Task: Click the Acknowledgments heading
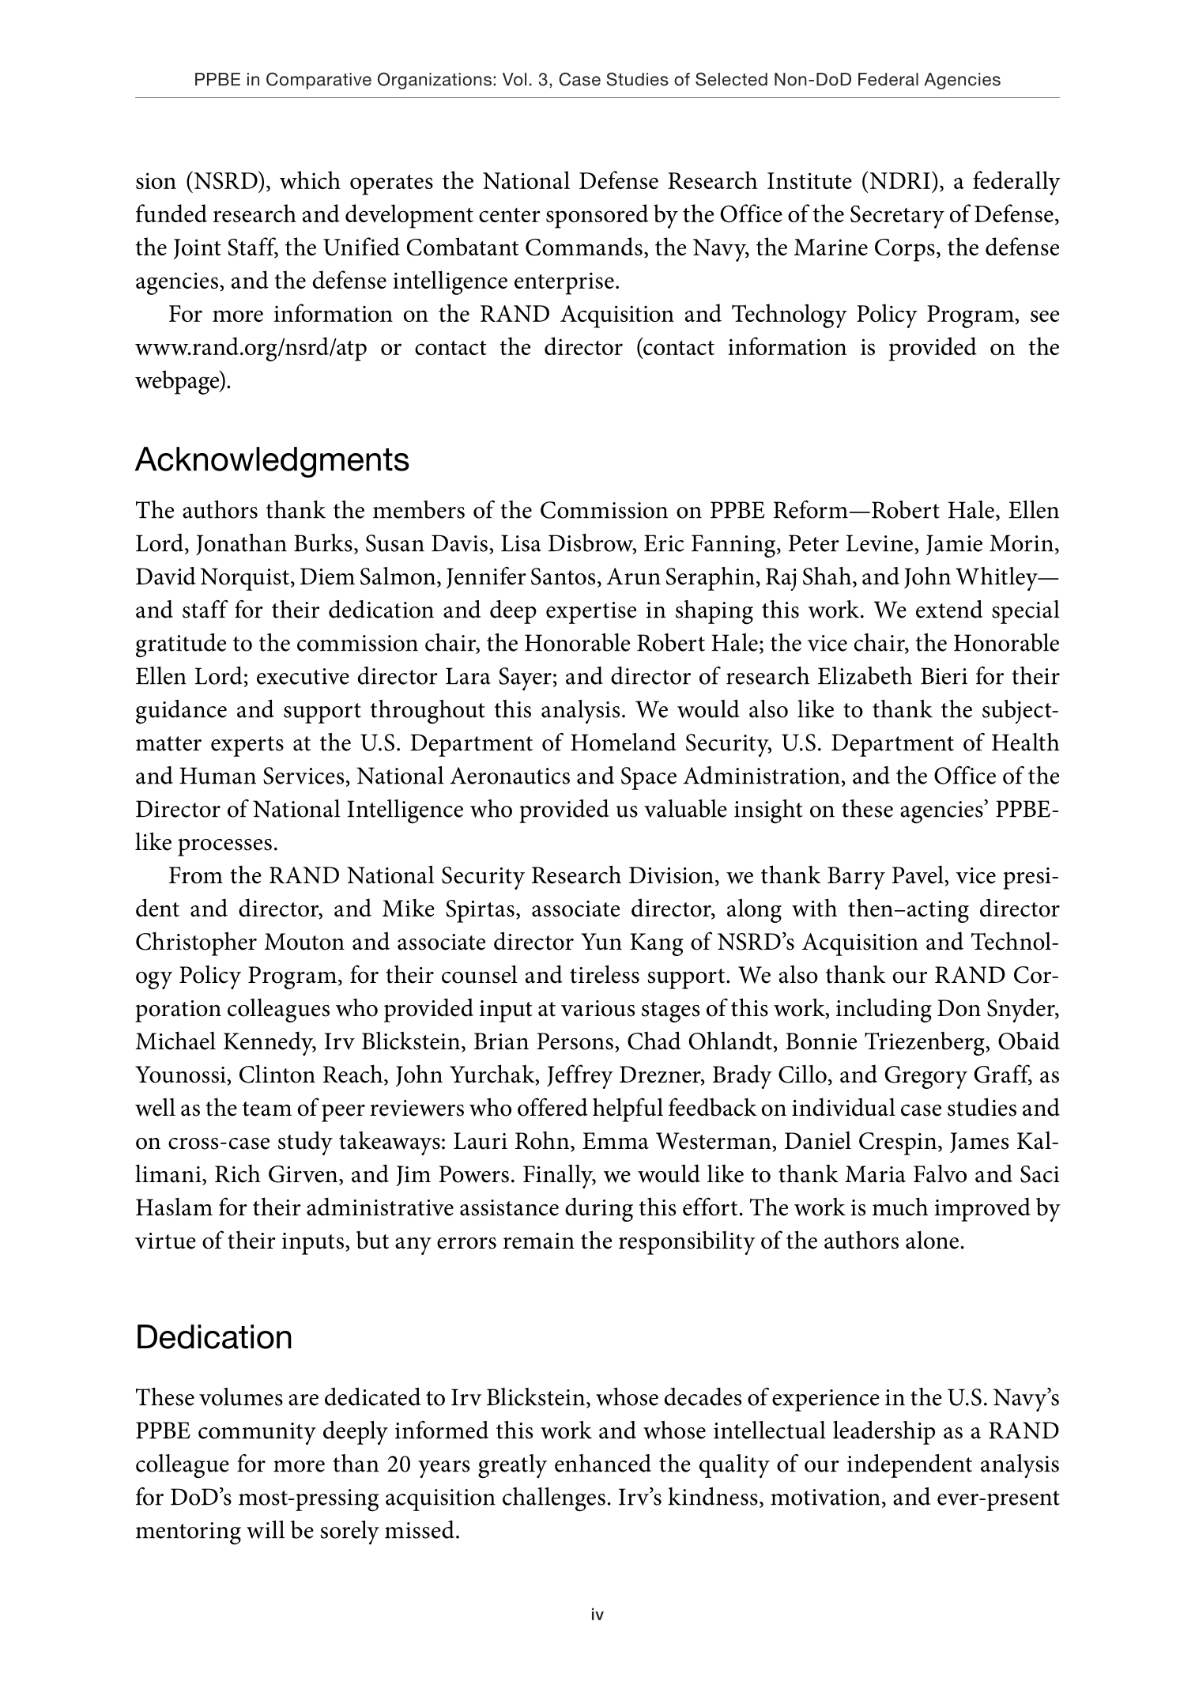point(272,460)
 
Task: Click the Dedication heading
point(213,1338)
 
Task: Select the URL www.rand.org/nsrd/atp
point(251,348)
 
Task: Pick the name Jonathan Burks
point(266,544)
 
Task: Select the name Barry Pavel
point(888,876)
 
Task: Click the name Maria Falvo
point(903,1175)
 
